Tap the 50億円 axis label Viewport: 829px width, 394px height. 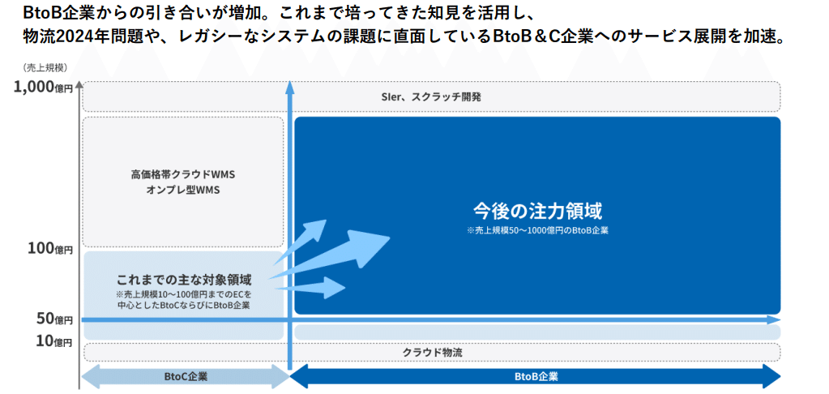[54, 319]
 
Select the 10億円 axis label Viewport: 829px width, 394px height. [54, 340]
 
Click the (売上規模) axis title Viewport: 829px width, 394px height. [45, 66]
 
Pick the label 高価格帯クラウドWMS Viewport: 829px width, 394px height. [182, 174]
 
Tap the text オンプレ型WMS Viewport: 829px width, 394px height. [182, 190]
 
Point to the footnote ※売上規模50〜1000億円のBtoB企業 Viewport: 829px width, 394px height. [537, 230]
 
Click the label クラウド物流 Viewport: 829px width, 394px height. [432, 352]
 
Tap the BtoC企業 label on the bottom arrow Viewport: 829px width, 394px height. [186, 377]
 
